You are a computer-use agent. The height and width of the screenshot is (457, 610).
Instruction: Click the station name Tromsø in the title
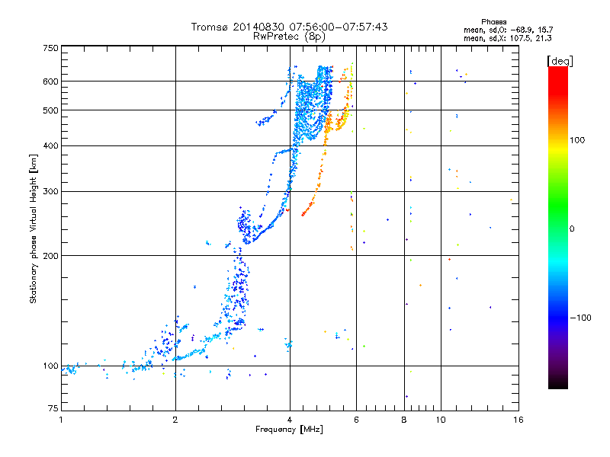(x=209, y=27)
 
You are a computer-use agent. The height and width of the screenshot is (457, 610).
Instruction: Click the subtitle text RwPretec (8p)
(x=289, y=37)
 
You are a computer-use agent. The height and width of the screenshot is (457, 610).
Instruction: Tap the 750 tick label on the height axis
(x=50, y=48)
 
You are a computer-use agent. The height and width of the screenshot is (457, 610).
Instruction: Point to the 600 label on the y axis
(x=50, y=81)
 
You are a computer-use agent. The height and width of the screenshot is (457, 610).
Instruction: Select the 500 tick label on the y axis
(x=50, y=110)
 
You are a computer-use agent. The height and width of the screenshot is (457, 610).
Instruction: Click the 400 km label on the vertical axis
(x=50, y=145)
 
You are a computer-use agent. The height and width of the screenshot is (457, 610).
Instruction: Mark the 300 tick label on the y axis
(x=50, y=191)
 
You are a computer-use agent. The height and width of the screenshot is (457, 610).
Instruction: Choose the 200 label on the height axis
(x=50, y=256)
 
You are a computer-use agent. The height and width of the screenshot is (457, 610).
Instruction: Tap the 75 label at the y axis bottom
(x=53, y=408)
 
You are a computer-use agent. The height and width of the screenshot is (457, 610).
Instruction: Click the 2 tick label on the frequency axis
(x=175, y=420)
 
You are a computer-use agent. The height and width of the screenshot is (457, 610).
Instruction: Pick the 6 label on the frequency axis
(x=356, y=420)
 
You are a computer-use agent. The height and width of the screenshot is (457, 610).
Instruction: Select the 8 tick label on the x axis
(x=404, y=420)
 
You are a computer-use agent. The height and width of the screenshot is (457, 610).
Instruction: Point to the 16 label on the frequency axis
(x=518, y=420)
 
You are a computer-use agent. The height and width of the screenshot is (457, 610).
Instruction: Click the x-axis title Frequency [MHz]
(x=289, y=430)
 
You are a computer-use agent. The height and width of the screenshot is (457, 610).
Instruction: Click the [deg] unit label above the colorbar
(x=560, y=61)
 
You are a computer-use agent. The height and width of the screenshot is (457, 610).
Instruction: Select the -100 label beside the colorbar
(x=580, y=318)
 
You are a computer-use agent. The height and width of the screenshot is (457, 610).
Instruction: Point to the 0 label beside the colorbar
(x=572, y=229)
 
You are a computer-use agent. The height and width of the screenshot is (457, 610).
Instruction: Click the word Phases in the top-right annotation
(x=493, y=22)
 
